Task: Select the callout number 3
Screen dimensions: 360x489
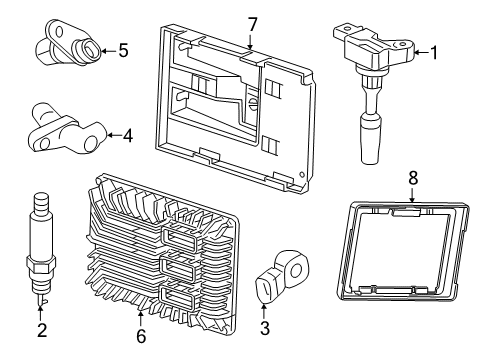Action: [263, 327]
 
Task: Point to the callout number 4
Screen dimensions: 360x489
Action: [127, 134]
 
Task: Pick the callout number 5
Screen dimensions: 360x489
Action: [123, 49]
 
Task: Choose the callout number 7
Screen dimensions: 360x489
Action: [252, 24]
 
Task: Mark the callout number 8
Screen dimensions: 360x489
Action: [412, 177]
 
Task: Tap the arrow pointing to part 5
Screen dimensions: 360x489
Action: [108, 49]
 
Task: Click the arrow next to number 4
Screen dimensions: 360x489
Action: [112, 134]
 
